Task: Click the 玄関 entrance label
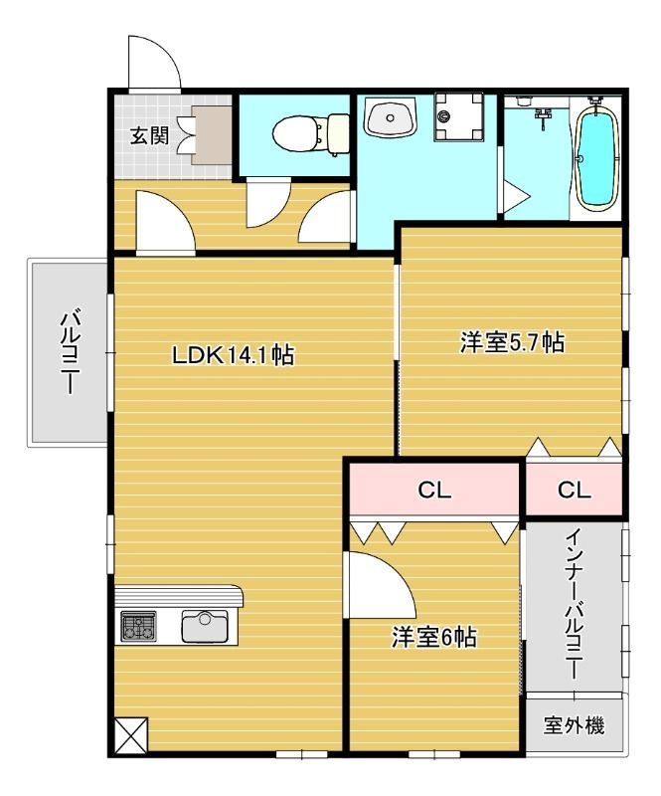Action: tap(149, 136)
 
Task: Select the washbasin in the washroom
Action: tap(391, 118)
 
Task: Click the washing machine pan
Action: tap(458, 117)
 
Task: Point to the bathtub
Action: tap(598, 159)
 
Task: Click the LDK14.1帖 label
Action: tap(233, 354)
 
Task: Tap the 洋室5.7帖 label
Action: tap(512, 342)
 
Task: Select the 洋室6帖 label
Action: tap(433, 637)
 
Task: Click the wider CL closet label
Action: tap(434, 490)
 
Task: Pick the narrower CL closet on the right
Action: tap(575, 490)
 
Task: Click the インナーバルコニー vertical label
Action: tap(575, 604)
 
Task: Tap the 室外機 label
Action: tap(574, 725)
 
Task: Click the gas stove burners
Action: tap(138, 626)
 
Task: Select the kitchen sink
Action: tap(205, 626)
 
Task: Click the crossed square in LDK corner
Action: tap(131, 735)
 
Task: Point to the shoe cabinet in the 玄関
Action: tap(212, 135)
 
